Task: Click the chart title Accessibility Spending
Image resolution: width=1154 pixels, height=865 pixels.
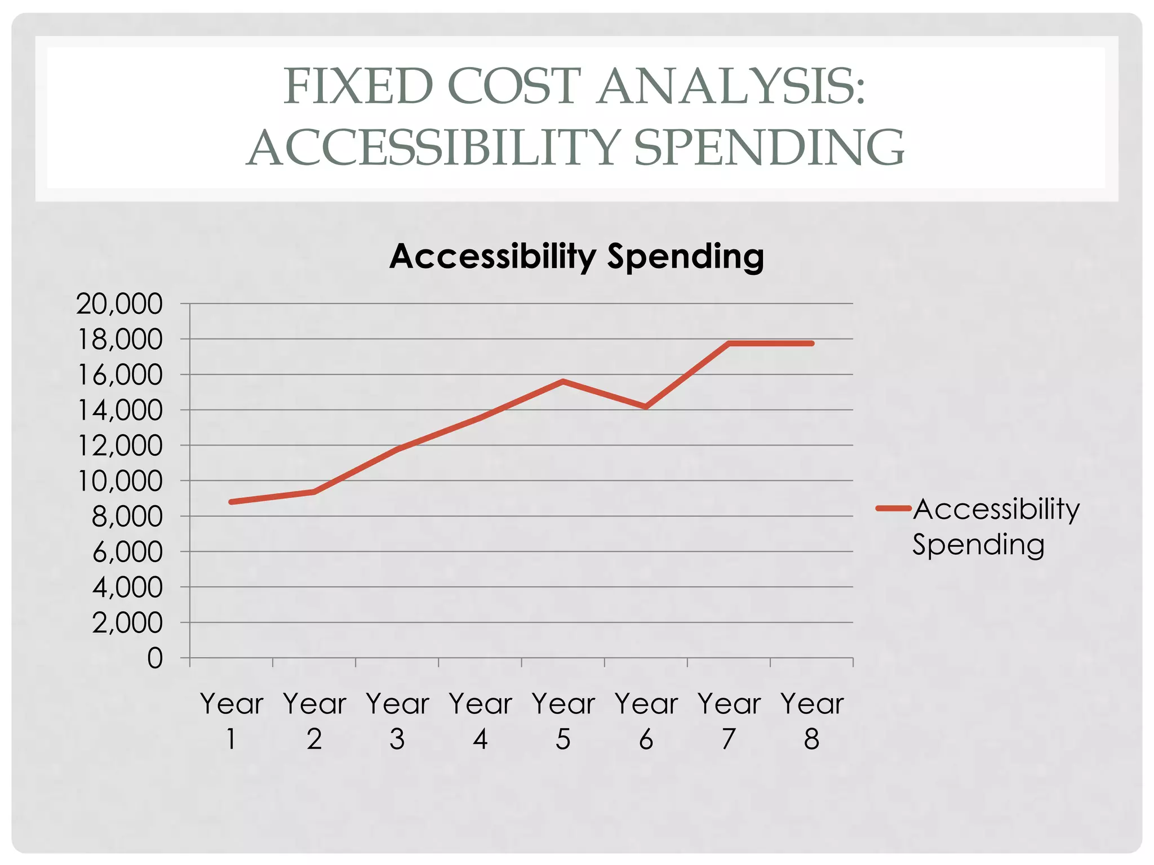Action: point(576,257)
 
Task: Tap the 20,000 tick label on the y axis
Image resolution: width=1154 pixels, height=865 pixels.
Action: point(119,304)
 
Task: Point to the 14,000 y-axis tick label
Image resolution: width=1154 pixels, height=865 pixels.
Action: point(119,411)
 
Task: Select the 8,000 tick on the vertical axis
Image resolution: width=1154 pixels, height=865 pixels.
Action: point(127,517)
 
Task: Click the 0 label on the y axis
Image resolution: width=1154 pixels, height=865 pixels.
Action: point(155,658)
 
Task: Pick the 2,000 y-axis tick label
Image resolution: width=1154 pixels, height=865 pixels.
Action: point(127,623)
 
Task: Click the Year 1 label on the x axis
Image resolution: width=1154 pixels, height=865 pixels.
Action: point(232,721)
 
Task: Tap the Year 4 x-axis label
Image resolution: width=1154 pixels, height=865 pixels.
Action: point(480,721)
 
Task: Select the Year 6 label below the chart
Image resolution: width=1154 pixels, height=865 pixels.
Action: point(646,721)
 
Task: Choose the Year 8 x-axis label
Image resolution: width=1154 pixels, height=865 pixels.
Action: point(811,721)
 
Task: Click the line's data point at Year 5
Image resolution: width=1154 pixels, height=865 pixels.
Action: point(563,381)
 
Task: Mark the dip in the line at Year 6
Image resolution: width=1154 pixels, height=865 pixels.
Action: point(646,407)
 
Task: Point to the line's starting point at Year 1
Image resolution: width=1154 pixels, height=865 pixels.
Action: point(232,502)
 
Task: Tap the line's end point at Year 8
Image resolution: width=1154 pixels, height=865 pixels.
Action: point(811,343)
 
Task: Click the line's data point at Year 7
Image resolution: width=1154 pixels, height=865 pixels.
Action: point(729,343)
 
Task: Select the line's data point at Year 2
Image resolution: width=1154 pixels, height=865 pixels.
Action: point(314,492)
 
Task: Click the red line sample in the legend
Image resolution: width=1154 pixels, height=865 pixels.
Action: point(893,509)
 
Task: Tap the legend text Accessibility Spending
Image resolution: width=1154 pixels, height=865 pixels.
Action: point(995,527)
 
